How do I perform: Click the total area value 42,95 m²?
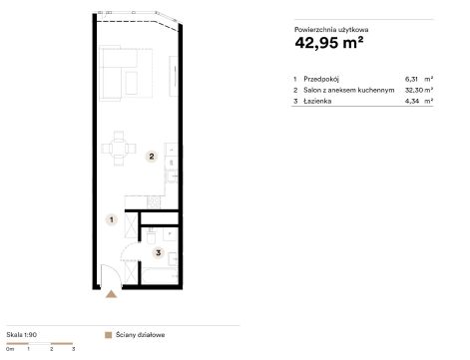[328, 43]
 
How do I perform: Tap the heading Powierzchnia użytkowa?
[331, 30]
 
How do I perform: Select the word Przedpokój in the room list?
[321, 79]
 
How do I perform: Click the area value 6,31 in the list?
[411, 79]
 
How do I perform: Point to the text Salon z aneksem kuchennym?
[349, 90]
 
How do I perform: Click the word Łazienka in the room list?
[317, 101]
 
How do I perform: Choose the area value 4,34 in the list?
[412, 101]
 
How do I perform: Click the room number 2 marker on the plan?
[152, 157]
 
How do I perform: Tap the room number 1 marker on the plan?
[112, 219]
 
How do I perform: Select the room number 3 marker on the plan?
[159, 253]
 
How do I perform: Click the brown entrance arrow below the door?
[111, 294]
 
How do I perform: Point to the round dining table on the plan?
[119, 149]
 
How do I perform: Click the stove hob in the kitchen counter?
[154, 202]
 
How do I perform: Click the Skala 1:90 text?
[22, 335]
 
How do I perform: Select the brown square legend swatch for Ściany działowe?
[108, 335]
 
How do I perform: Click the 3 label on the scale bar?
[73, 349]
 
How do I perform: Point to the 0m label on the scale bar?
[10, 349]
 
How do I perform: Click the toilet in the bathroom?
[151, 235]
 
